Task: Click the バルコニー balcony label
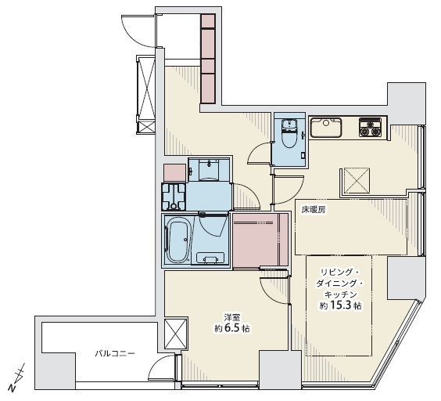pyautogui.click(x=114, y=353)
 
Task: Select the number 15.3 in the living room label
pyautogui.click(x=340, y=305)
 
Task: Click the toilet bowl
pyautogui.click(x=289, y=134)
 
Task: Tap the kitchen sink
pyautogui.click(x=326, y=128)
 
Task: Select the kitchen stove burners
pyautogui.click(x=370, y=128)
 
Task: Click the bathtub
pyautogui.click(x=178, y=240)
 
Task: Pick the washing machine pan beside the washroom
pyautogui.click(x=174, y=197)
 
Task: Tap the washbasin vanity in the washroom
pyautogui.click(x=209, y=170)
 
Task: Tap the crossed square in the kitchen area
pyautogui.click(x=356, y=180)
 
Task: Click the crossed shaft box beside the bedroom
pyautogui.click(x=175, y=334)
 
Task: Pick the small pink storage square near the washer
pyautogui.click(x=174, y=173)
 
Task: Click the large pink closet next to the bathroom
pyautogui.click(x=260, y=240)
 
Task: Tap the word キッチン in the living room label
pyautogui.click(x=341, y=294)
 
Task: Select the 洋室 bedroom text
pyautogui.click(x=231, y=317)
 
